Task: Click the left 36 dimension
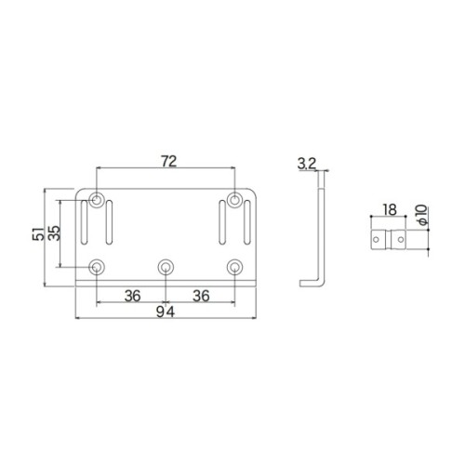click(131, 295)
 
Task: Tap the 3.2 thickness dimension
click(307, 165)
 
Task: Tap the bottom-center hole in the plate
click(166, 267)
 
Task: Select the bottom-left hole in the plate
click(97, 267)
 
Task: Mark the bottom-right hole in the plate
click(235, 267)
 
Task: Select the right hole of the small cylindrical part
click(402, 239)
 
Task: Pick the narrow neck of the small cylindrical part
click(390, 239)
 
